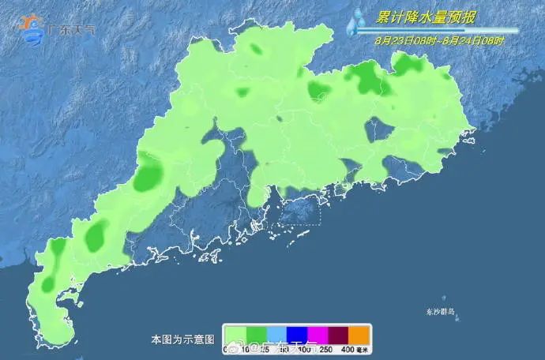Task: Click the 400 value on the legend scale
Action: pyautogui.click(x=348, y=349)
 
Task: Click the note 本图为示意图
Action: pyautogui.click(x=182, y=339)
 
